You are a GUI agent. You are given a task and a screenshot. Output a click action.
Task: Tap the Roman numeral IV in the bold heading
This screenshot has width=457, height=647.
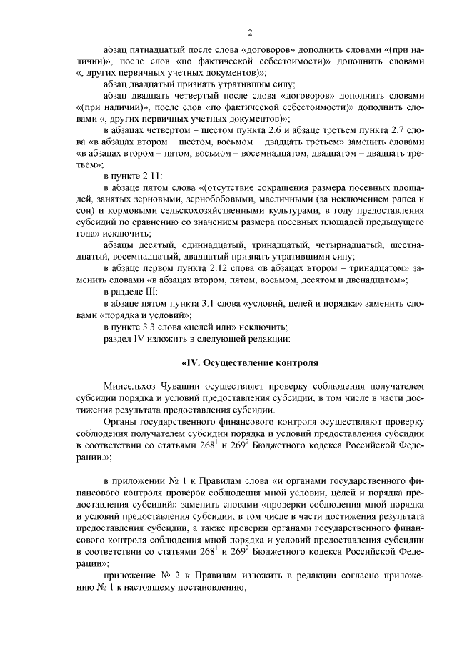click(192, 363)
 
